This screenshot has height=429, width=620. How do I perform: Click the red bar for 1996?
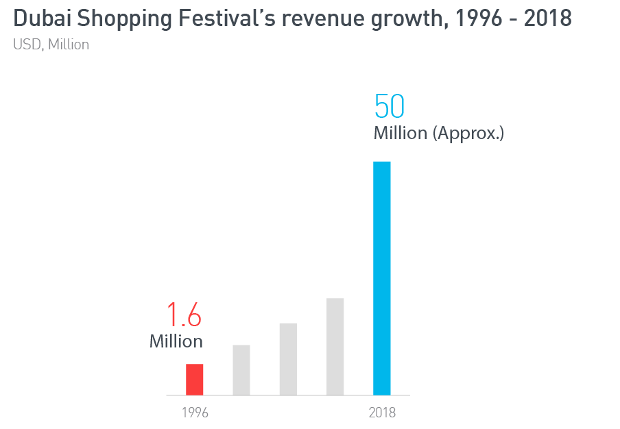(x=195, y=379)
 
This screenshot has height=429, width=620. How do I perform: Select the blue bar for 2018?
(x=381, y=278)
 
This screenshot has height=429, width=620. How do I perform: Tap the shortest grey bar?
(x=241, y=370)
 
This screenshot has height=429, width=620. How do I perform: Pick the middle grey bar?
(x=288, y=359)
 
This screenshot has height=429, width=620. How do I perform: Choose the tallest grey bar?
(x=335, y=347)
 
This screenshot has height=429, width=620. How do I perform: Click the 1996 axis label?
(x=195, y=413)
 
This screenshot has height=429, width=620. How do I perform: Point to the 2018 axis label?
(x=382, y=413)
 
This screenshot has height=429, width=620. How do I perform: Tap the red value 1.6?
(x=184, y=316)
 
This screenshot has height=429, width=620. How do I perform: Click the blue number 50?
(x=390, y=107)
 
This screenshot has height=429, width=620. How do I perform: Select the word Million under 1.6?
(x=176, y=341)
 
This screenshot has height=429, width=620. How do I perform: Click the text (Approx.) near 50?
(x=468, y=133)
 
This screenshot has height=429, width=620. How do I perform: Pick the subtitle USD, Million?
(x=51, y=45)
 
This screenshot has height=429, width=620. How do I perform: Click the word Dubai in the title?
(x=42, y=19)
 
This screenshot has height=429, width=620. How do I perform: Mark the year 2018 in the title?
(x=548, y=19)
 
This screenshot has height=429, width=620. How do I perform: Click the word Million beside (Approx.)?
(x=401, y=133)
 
